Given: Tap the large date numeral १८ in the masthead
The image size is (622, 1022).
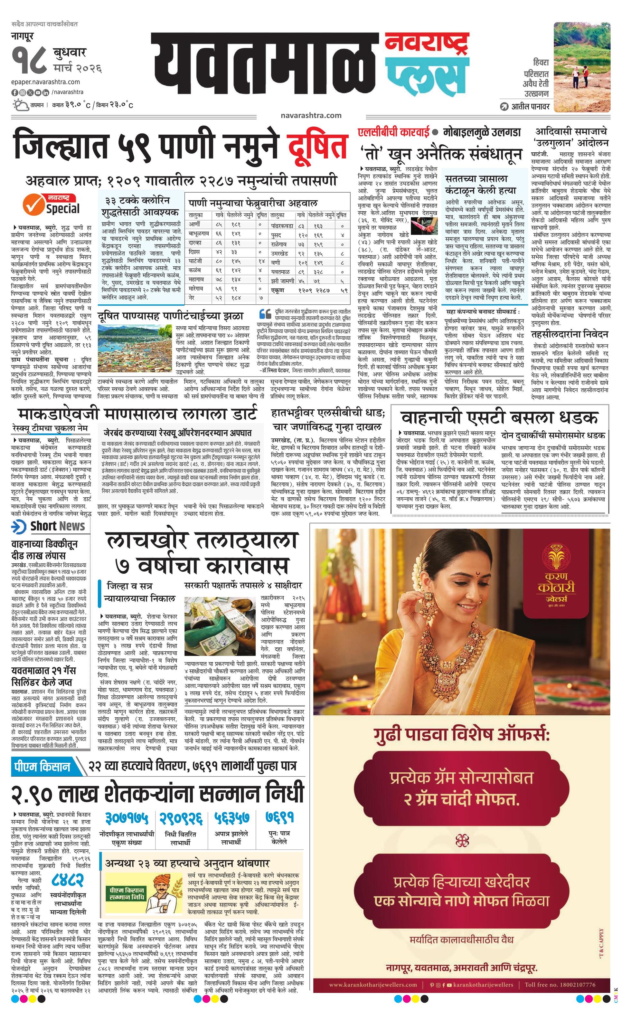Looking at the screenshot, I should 29,61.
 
